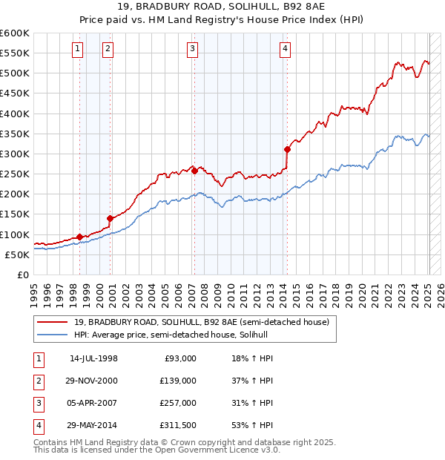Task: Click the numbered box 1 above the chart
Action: [79, 50]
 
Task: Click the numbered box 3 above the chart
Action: [192, 50]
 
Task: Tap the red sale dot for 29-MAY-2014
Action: [287, 149]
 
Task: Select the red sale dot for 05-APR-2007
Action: [194, 171]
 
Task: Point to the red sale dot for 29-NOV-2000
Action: [110, 218]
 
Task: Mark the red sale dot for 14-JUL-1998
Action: [79, 237]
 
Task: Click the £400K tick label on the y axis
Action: [14, 114]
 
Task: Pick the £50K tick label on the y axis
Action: [17, 254]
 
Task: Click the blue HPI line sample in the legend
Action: [53, 335]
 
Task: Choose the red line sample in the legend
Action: [53, 322]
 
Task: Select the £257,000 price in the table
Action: [178, 403]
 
